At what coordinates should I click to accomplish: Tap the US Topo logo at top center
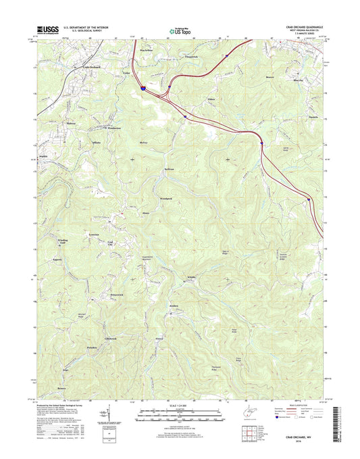180,30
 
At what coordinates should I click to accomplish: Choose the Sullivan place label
168,170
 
